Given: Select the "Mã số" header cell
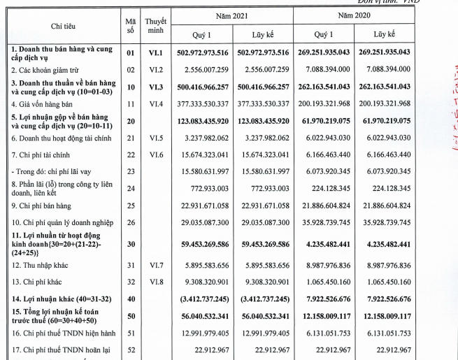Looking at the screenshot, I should pyautogui.click(x=129, y=25).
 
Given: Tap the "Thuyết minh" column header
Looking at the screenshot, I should pyautogui.click(x=156, y=25).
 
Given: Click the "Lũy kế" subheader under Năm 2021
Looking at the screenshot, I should pyautogui.click(x=263, y=34).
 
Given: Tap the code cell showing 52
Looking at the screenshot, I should pyautogui.click(x=129, y=350).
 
